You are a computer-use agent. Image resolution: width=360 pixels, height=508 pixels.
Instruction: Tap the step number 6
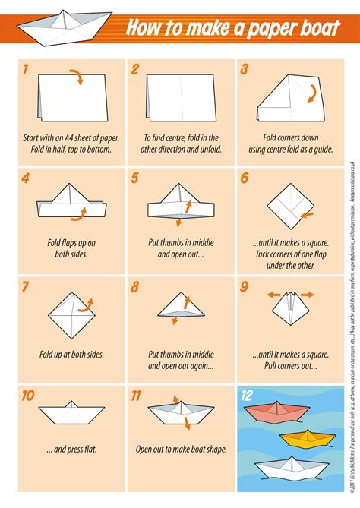pos(244,178)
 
